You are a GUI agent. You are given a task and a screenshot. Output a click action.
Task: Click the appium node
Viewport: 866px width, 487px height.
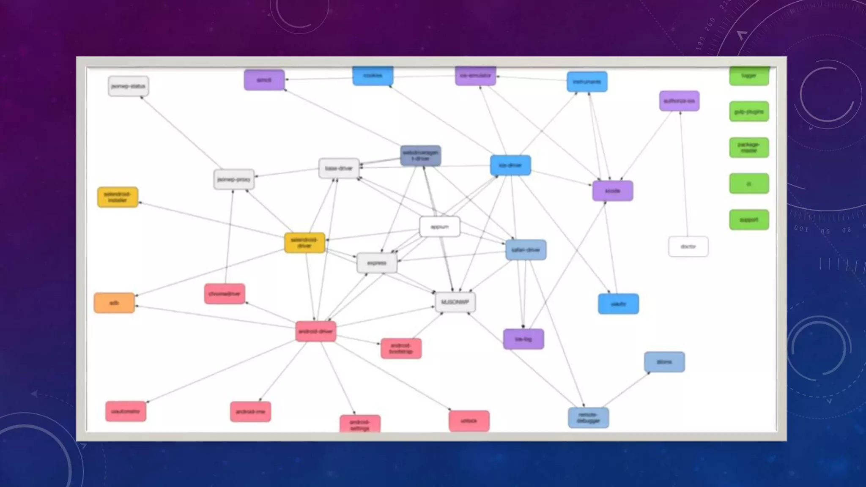pyautogui.click(x=440, y=227)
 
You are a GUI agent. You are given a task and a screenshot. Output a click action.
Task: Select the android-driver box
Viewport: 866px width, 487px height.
pyautogui.click(x=315, y=331)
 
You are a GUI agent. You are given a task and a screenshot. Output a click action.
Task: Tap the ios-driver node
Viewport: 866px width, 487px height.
pyautogui.click(x=510, y=165)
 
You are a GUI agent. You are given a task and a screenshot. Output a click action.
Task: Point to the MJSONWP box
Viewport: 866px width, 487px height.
pyautogui.click(x=455, y=302)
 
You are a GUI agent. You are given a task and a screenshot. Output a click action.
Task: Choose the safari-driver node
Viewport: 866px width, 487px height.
pyautogui.click(x=526, y=250)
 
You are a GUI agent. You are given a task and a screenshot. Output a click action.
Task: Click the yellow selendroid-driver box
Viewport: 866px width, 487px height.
pyautogui.click(x=304, y=243)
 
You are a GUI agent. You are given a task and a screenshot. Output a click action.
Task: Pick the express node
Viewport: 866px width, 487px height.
pyautogui.click(x=377, y=263)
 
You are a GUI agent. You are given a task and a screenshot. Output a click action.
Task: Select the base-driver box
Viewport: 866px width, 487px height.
pyautogui.click(x=339, y=168)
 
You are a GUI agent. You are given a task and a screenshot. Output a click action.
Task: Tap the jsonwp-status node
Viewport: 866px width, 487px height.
pyautogui.click(x=128, y=86)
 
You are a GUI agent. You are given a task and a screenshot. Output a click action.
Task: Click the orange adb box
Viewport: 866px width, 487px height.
pyautogui.click(x=114, y=303)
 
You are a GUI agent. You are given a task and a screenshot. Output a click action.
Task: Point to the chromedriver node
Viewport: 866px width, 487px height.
pyautogui.click(x=225, y=294)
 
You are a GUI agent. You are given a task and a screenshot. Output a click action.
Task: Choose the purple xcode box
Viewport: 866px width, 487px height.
pyautogui.click(x=612, y=191)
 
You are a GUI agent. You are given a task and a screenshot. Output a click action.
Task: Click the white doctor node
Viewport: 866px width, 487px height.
pyautogui.click(x=688, y=246)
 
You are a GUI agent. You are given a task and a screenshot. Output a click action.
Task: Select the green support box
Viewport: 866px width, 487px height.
pyautogui.click(x=749, y=220)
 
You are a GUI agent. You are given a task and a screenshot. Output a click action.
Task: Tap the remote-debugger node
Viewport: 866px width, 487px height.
pyautogui.click(x=588, y=418)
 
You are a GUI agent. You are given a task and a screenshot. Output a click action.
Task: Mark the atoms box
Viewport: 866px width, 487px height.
pyautogui.click(x=664, y=362)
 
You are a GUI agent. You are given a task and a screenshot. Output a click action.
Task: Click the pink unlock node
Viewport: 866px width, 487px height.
pyautogui.click(x=469, y=421)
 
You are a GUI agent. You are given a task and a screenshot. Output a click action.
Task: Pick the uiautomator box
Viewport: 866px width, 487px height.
pyautogui.click(x=126, y=411)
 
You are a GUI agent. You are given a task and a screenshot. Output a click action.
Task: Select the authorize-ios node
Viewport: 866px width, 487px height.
pyautogui.click(x=679, y=101)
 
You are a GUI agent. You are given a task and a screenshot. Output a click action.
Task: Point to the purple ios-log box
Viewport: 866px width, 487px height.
pyautogui.click(x=523, y=339)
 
